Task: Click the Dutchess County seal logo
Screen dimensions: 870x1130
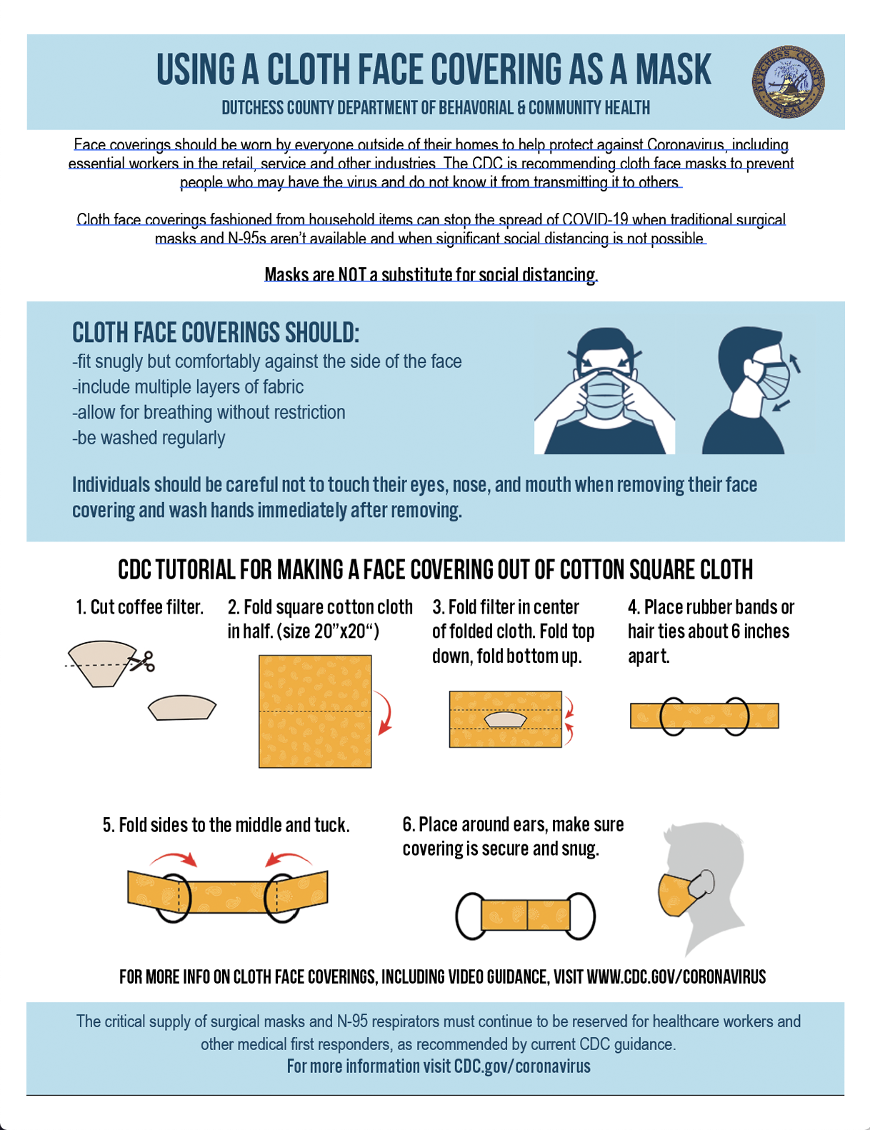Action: (788, 81)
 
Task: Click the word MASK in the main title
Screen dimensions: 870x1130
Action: (673, 69)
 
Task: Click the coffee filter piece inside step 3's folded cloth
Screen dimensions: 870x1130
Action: (506, 720)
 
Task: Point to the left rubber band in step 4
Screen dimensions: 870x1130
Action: (674, 716)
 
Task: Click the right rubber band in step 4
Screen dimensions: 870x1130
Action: (735, 716)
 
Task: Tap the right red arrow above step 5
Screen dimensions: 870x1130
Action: (288, 859)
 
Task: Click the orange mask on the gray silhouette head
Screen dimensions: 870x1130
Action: (677, 894)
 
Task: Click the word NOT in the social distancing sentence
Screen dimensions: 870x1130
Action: (351, 274)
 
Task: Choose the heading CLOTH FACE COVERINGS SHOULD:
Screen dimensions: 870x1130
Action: (215, 333)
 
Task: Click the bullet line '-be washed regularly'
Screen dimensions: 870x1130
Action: (149, 438)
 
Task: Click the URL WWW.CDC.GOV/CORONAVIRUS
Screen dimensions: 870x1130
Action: (676, 976)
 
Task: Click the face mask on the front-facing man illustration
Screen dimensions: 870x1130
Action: (605, 394)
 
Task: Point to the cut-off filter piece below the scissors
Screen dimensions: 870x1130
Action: (182, 707)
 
